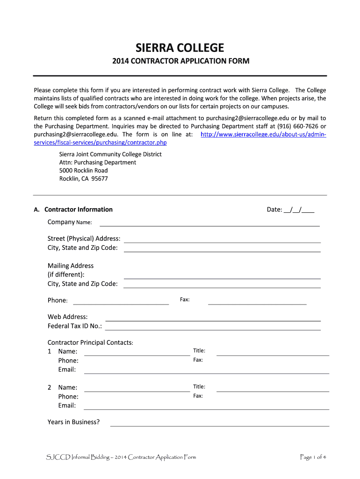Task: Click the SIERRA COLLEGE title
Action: [x=180, y=48]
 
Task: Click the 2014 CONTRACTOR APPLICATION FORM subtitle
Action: [x=180, y=61]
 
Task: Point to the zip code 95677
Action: [x=100, y=179]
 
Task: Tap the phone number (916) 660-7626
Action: [x=297, y=127]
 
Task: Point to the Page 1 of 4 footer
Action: [x=313, y=457]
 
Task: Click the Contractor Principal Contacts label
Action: [x=91, y=342]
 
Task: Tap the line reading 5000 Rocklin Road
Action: [x=83, y=170]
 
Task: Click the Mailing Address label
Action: [x=71, y=266]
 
